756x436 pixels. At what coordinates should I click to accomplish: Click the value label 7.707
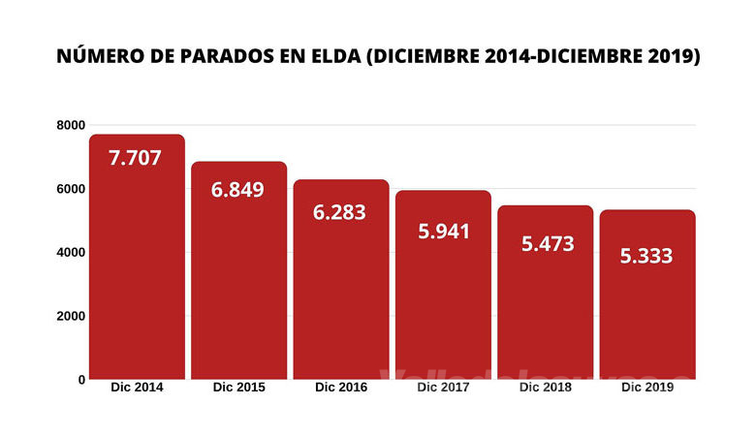[x=135, y=158]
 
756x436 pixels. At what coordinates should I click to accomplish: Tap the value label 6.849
[x=237, y=189]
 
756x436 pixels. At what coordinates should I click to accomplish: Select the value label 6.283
[x=340, y=211]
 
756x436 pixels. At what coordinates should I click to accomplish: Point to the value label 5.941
[x=443, y=233]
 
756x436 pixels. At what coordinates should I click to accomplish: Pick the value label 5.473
[x=545, y=243]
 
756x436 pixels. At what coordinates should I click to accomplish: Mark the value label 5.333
[x=647, y=256]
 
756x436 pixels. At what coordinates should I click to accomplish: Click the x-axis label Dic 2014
[x=136, y=388]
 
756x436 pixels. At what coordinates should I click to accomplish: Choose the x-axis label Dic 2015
[x=238, y=388]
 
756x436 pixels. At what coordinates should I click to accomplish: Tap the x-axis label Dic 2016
[x=340, y=388]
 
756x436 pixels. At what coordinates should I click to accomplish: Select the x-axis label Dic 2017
[x=443, y=388]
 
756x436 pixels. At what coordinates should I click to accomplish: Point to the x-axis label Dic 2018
[x=545, y=388]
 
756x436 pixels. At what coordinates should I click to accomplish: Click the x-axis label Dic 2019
[x=647, y=388]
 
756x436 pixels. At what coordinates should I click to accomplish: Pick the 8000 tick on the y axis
[x=71, y=125]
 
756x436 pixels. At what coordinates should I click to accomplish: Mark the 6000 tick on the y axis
[x=71, y=189]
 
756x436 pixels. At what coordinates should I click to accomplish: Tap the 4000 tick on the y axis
[x=71, y=253]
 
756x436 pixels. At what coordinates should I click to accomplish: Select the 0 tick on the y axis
[x=81, y=380]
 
